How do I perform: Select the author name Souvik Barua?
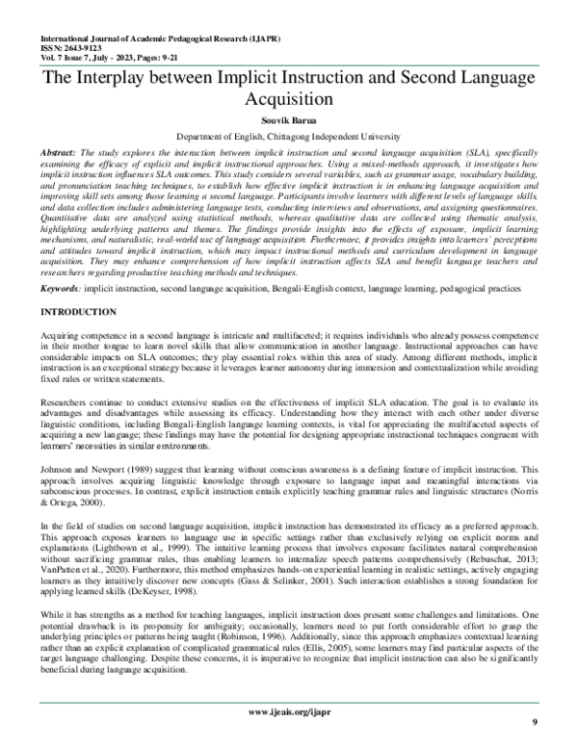(x=288, y=122)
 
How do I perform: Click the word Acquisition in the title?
(x=288, y=99)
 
